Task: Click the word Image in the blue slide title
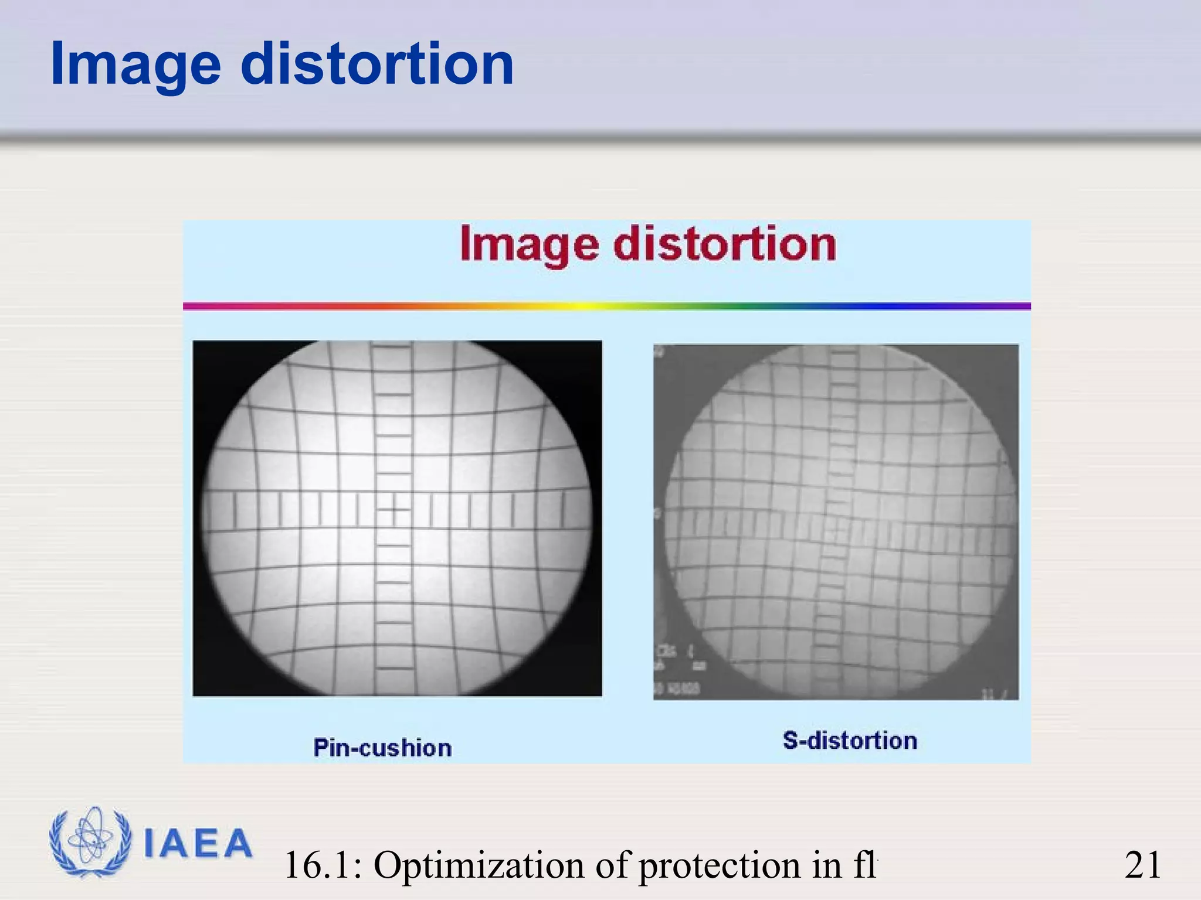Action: point(135,64)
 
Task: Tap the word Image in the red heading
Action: point(528,245)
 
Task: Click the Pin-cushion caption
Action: point(382,748)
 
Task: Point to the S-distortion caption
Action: point(850,741)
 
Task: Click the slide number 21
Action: point(1142,865)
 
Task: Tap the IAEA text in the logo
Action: point(198,844)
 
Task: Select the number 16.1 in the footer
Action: point(322,865)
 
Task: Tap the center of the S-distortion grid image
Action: point(836,521)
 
